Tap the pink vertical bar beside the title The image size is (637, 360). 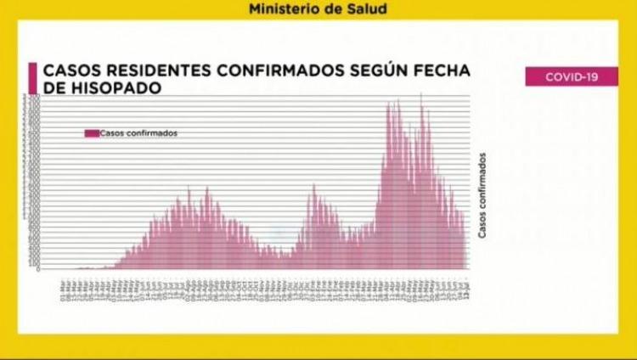32,79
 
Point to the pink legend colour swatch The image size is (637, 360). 91,132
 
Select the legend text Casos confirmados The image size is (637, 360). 138,132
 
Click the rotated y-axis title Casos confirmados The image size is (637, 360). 482,196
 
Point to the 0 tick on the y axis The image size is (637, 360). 37,268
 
